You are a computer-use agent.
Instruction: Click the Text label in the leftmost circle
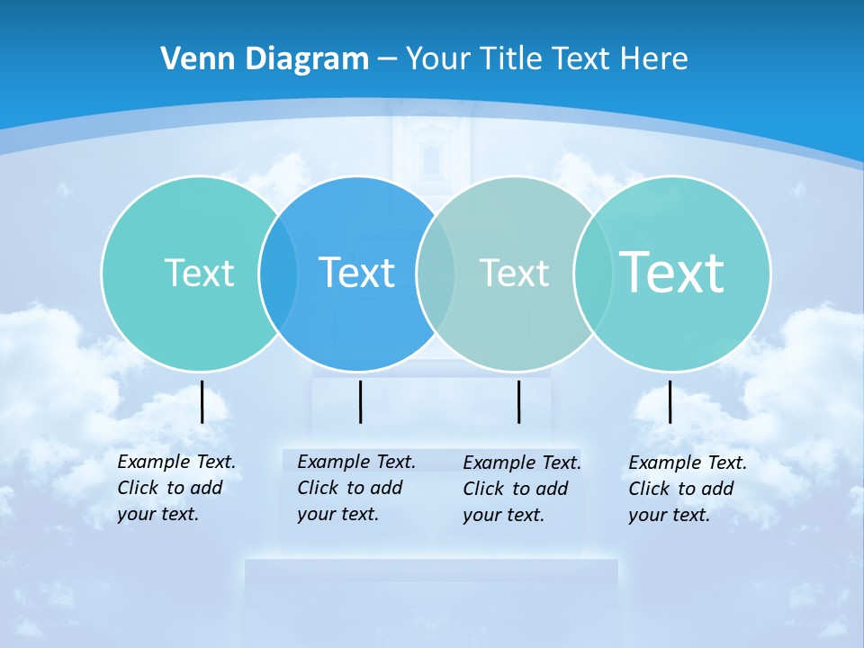[x=199, y=273]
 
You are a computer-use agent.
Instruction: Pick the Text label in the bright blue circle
[x=356, y=273]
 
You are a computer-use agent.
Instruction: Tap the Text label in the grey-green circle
[x=514, y=273]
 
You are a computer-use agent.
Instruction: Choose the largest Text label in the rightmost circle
[x=671, y=272]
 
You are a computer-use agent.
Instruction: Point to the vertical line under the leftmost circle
[x=202, y=401]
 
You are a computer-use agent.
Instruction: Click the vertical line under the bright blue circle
[x=360, y=401]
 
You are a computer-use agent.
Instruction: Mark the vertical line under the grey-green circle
[x=518, y=401]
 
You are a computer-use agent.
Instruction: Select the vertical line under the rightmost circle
[x=670, y=401]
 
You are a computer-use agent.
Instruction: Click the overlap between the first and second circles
[x=278, y=273]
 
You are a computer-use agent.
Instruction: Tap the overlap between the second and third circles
[x=436, y=273]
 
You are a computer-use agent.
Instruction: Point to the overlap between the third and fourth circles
[x=592, y=273]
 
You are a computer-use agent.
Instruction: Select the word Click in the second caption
[x=318, y=488]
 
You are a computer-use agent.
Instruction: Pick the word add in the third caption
[x=553, y=489]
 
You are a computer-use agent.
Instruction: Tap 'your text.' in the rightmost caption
[x=669, y=515]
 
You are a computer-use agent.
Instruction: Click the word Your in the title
[x=438, y=58]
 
